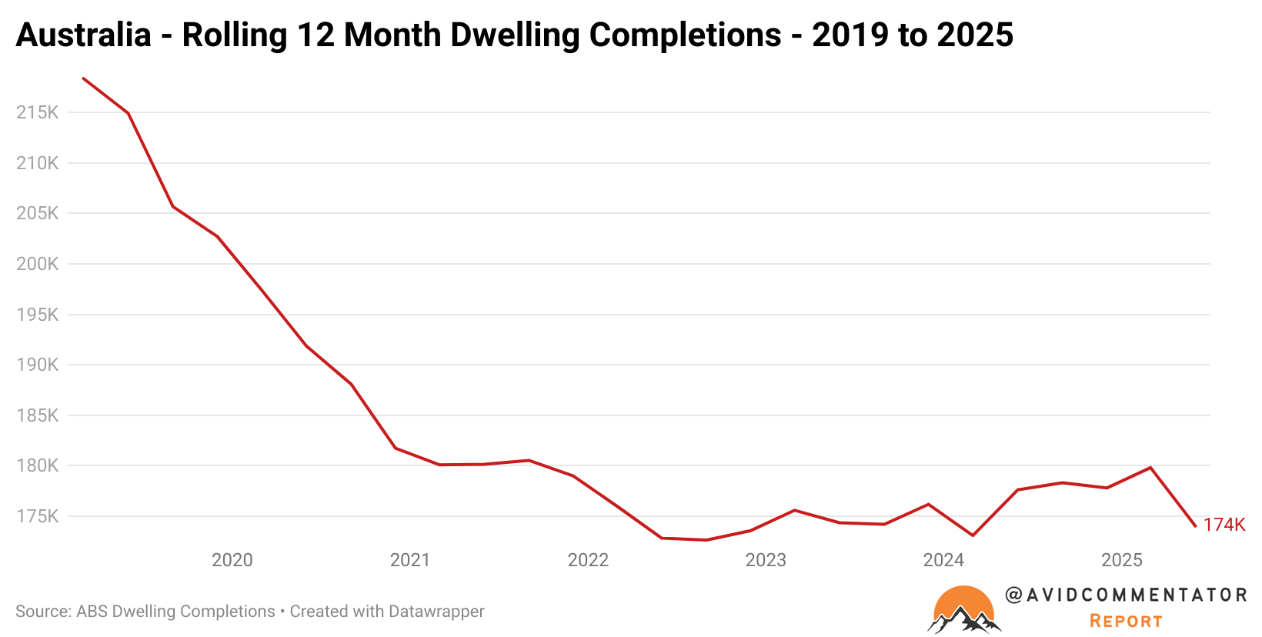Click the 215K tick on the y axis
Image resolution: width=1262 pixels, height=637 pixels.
[x=37, y=112]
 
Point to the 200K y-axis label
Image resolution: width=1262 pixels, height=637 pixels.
[x=37, y=264]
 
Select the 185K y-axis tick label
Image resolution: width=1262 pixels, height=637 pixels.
[x=37, y=415]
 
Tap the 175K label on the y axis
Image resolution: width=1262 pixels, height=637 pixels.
[x=37, y=516]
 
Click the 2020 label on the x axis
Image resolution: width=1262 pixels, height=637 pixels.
[x=232, y=560]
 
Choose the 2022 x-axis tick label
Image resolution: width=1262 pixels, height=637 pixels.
[x=588, y=560]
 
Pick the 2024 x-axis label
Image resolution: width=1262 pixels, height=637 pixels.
[x=943, y=560]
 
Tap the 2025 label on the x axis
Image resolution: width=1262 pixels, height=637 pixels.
[x=1121, y=560]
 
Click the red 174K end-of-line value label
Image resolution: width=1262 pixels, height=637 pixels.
[x=1224, y=525]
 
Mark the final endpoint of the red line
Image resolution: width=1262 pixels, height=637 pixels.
[x=1195, y=525]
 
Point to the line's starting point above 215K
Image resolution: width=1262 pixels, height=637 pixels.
[x=83, y=78]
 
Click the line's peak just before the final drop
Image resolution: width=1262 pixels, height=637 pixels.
[x=1150, y=467]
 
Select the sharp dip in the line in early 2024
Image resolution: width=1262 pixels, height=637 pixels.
[x=973, y=535]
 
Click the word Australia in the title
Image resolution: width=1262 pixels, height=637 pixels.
[x=83, y=35]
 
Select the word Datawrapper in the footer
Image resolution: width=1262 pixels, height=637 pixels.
[x=436, y=612]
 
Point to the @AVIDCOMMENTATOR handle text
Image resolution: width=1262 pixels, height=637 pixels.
[x=1126, y=595]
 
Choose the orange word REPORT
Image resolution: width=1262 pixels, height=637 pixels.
[x=1126, y=621]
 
